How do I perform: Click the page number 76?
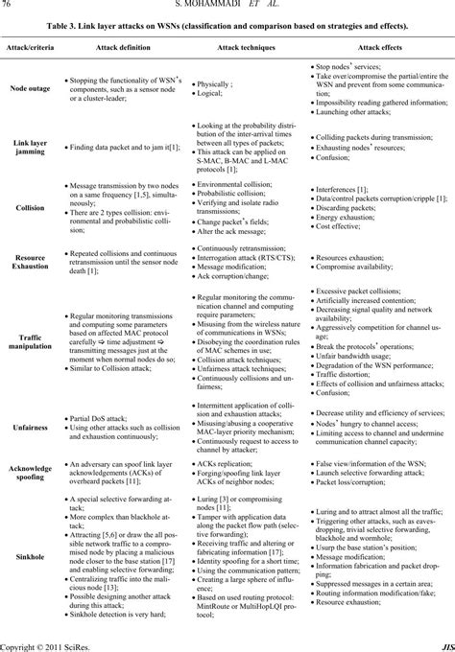click(x=8, y=6)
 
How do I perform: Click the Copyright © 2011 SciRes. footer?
click(x=42, y=644)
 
